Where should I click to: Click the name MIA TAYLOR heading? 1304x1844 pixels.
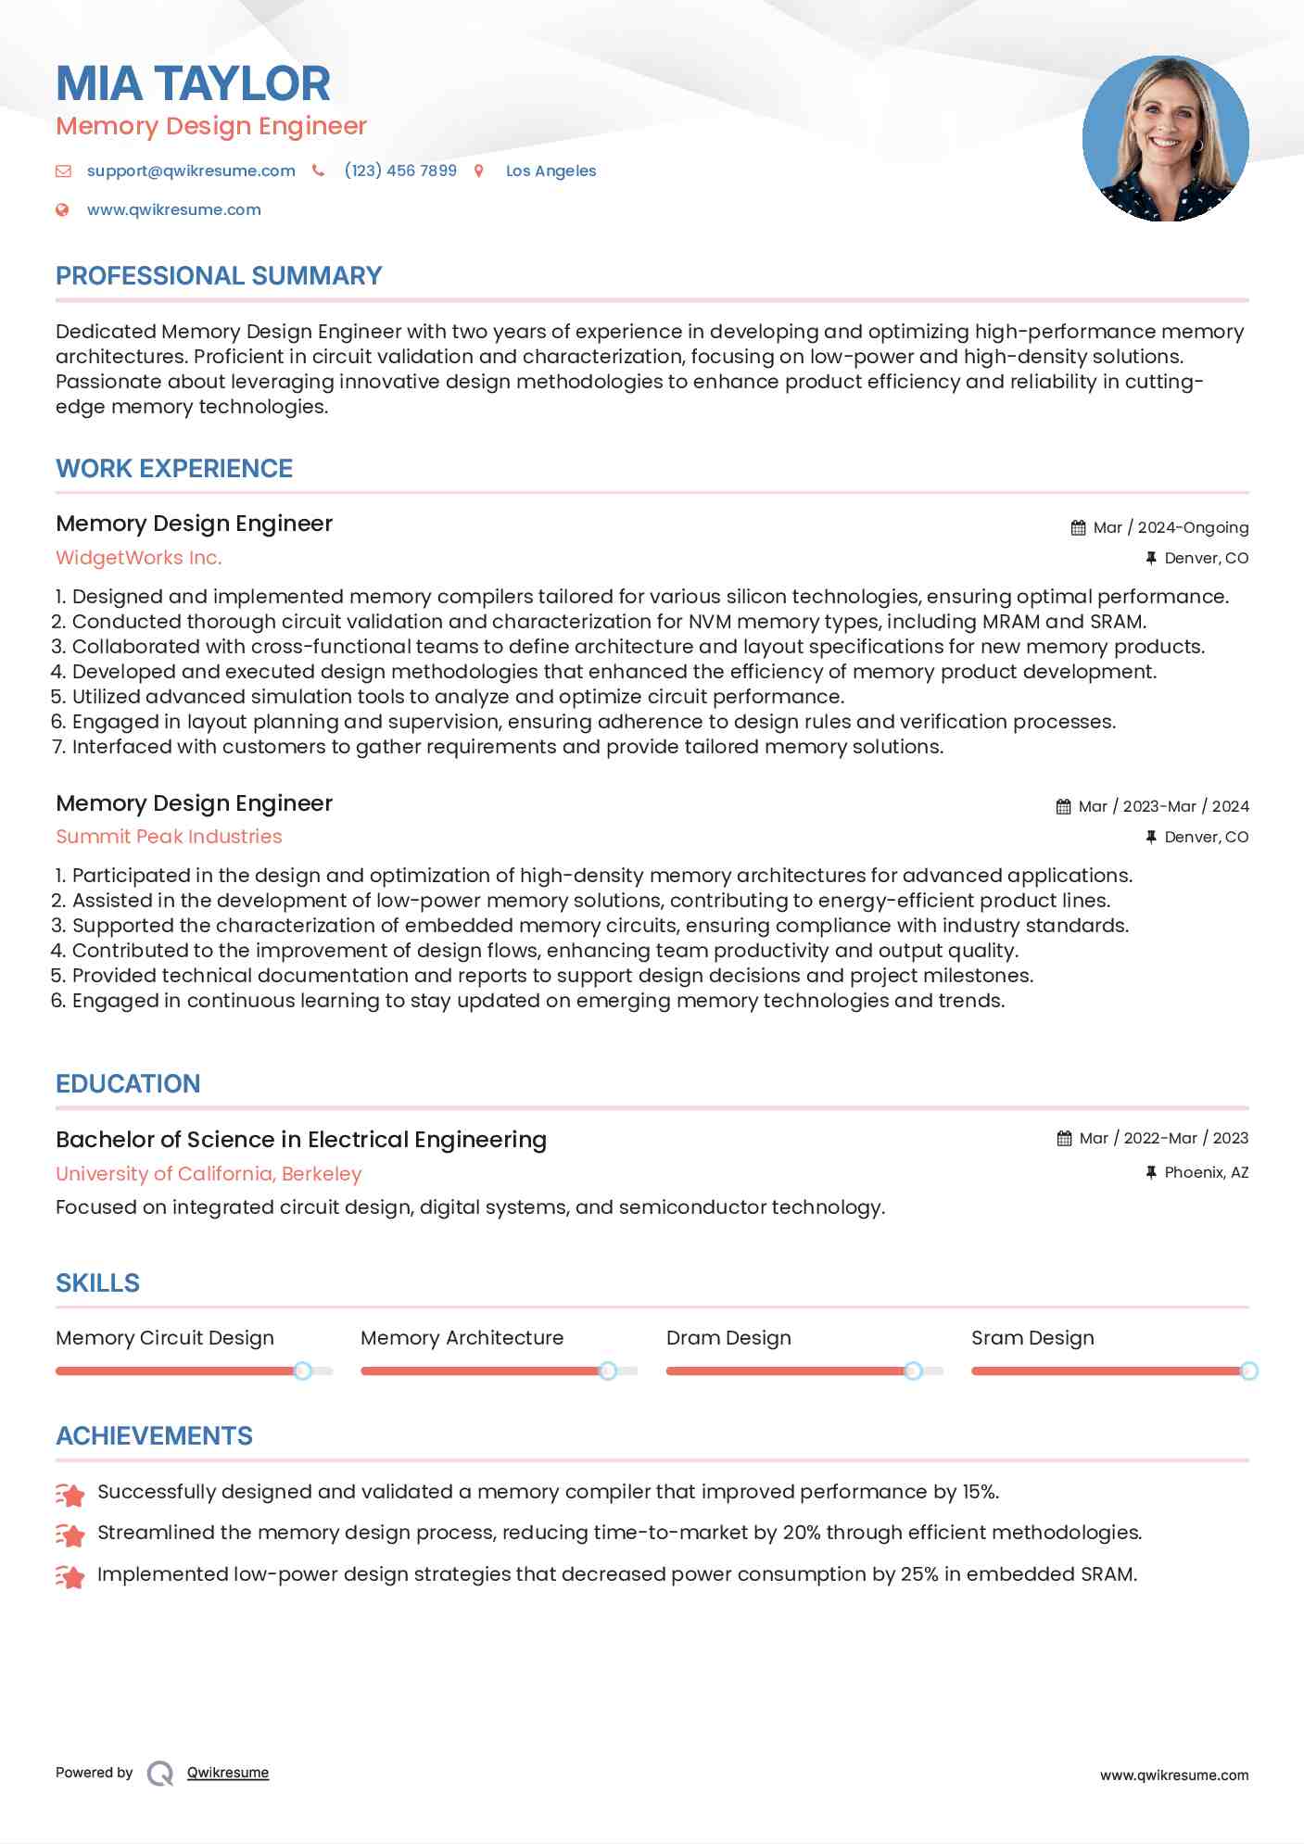[193, 83]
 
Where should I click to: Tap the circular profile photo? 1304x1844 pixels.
[1165, 139]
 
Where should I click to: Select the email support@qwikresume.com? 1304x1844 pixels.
[191, 171]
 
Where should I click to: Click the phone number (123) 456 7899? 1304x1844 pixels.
[400, 171]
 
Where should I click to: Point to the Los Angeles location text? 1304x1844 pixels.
[551, 171]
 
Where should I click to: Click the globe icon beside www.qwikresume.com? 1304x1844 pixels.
[62, 209]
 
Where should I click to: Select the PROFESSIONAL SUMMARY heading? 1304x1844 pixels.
[219, 276]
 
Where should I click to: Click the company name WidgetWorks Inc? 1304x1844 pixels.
[139, 558]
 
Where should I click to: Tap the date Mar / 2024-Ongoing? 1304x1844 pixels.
[1171, 527]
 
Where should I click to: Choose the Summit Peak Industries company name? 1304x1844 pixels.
[169, 837]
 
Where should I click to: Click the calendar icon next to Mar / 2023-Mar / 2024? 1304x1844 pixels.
[1063, 806]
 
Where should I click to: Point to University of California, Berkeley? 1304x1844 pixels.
[209, 1174]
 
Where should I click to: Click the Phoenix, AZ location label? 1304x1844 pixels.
[1206, 1172]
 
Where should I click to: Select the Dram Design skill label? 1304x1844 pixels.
[728, 1338]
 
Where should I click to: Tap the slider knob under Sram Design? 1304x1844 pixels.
[1248, 1370]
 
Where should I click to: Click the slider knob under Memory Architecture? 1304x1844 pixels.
[608, 1370]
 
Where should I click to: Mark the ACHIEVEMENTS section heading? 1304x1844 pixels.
[154, 1436]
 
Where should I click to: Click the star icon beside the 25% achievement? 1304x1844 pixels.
[70, 1576]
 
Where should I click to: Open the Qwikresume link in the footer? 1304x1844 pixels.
[228, 1773]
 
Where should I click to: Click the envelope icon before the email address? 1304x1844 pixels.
[63, 171]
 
